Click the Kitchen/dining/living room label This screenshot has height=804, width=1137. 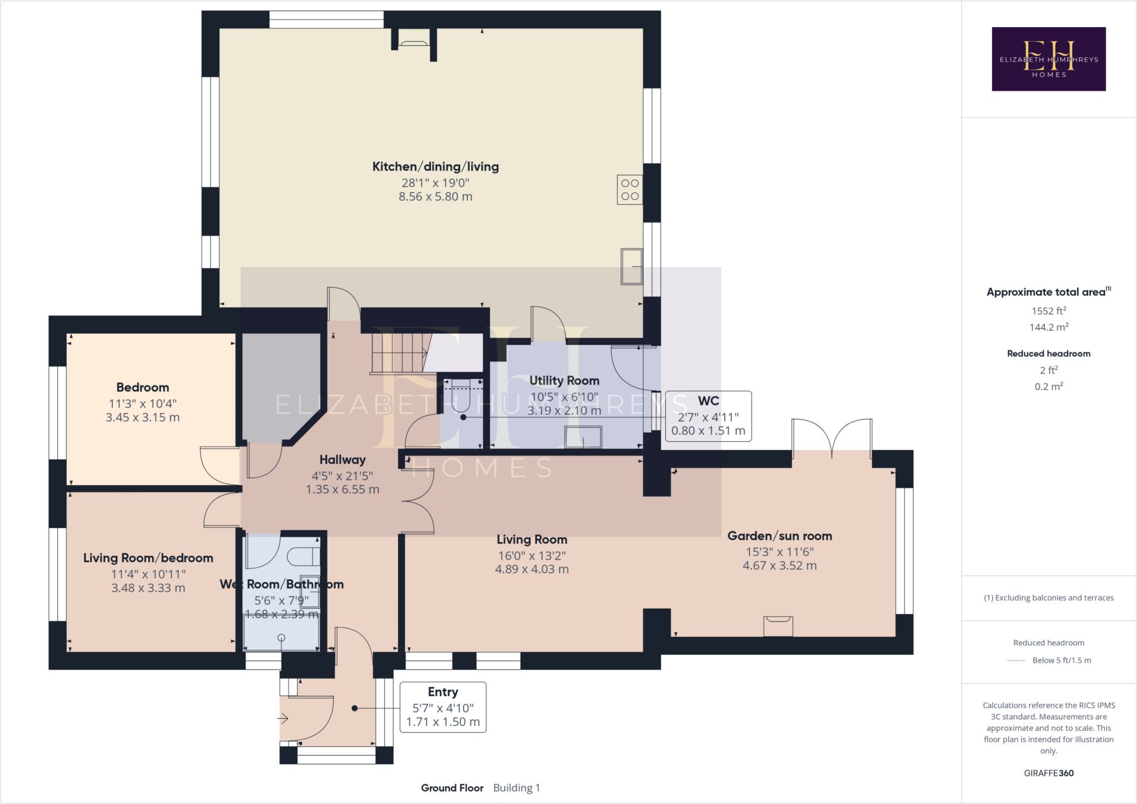pyautogui.click(x=435, y=166)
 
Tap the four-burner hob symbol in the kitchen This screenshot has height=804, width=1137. pyautogui.click(x=630, y=190)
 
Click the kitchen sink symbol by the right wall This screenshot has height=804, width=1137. pyautogui.click(x=631, y=266)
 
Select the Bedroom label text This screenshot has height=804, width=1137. pyautogui.click(x=143, y=387)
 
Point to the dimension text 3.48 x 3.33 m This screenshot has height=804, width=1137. pyautogui.click(x=148, y=588)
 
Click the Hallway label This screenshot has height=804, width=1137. pyautogui.click(x=343, y=459)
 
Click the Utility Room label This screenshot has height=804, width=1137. pyautogui.click(x=564, y=381)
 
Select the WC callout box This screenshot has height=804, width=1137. pyautogui.click(x=708, y=416)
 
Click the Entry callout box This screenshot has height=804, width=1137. pyautogui.click(x=442, y=707)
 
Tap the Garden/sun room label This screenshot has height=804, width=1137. pyautogui.click(x=779, y=536)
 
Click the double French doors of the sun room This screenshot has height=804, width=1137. pyautogui.click(x=832, y=438)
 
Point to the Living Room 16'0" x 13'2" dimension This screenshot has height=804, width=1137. pyautogui.click(x=532, y=555)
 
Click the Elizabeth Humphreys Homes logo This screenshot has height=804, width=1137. pyautogui.click(x=1048, y=59)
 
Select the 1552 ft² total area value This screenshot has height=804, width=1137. pyautogui.click(x=1048, y=311)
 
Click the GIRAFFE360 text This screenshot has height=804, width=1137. pyautogui.click(x=1048, y=773)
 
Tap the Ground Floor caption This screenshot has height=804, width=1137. pyautogui.click(x=452, y=788)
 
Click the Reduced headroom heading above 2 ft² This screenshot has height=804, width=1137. pyautogui.click(x=1048, y=353)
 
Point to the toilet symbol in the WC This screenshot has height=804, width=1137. pyautogui.click(x=461, y=395)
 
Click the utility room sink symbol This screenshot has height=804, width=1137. pyautogui.click(x=583, y=437)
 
